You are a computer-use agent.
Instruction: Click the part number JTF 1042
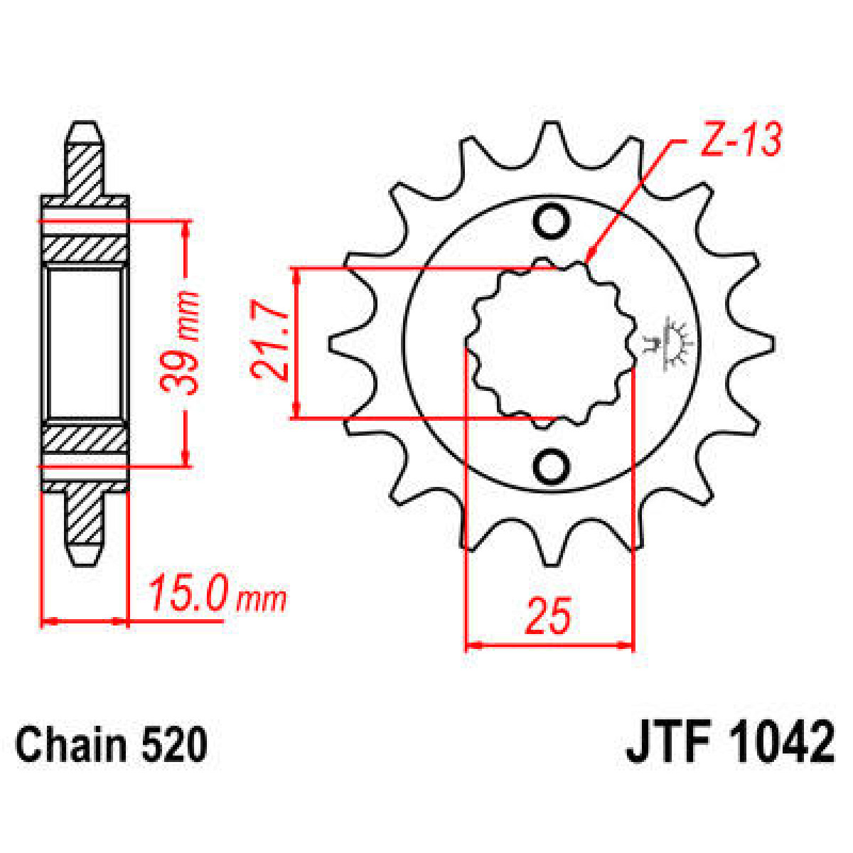[730, 743]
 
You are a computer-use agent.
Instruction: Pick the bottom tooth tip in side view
[85, 554]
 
